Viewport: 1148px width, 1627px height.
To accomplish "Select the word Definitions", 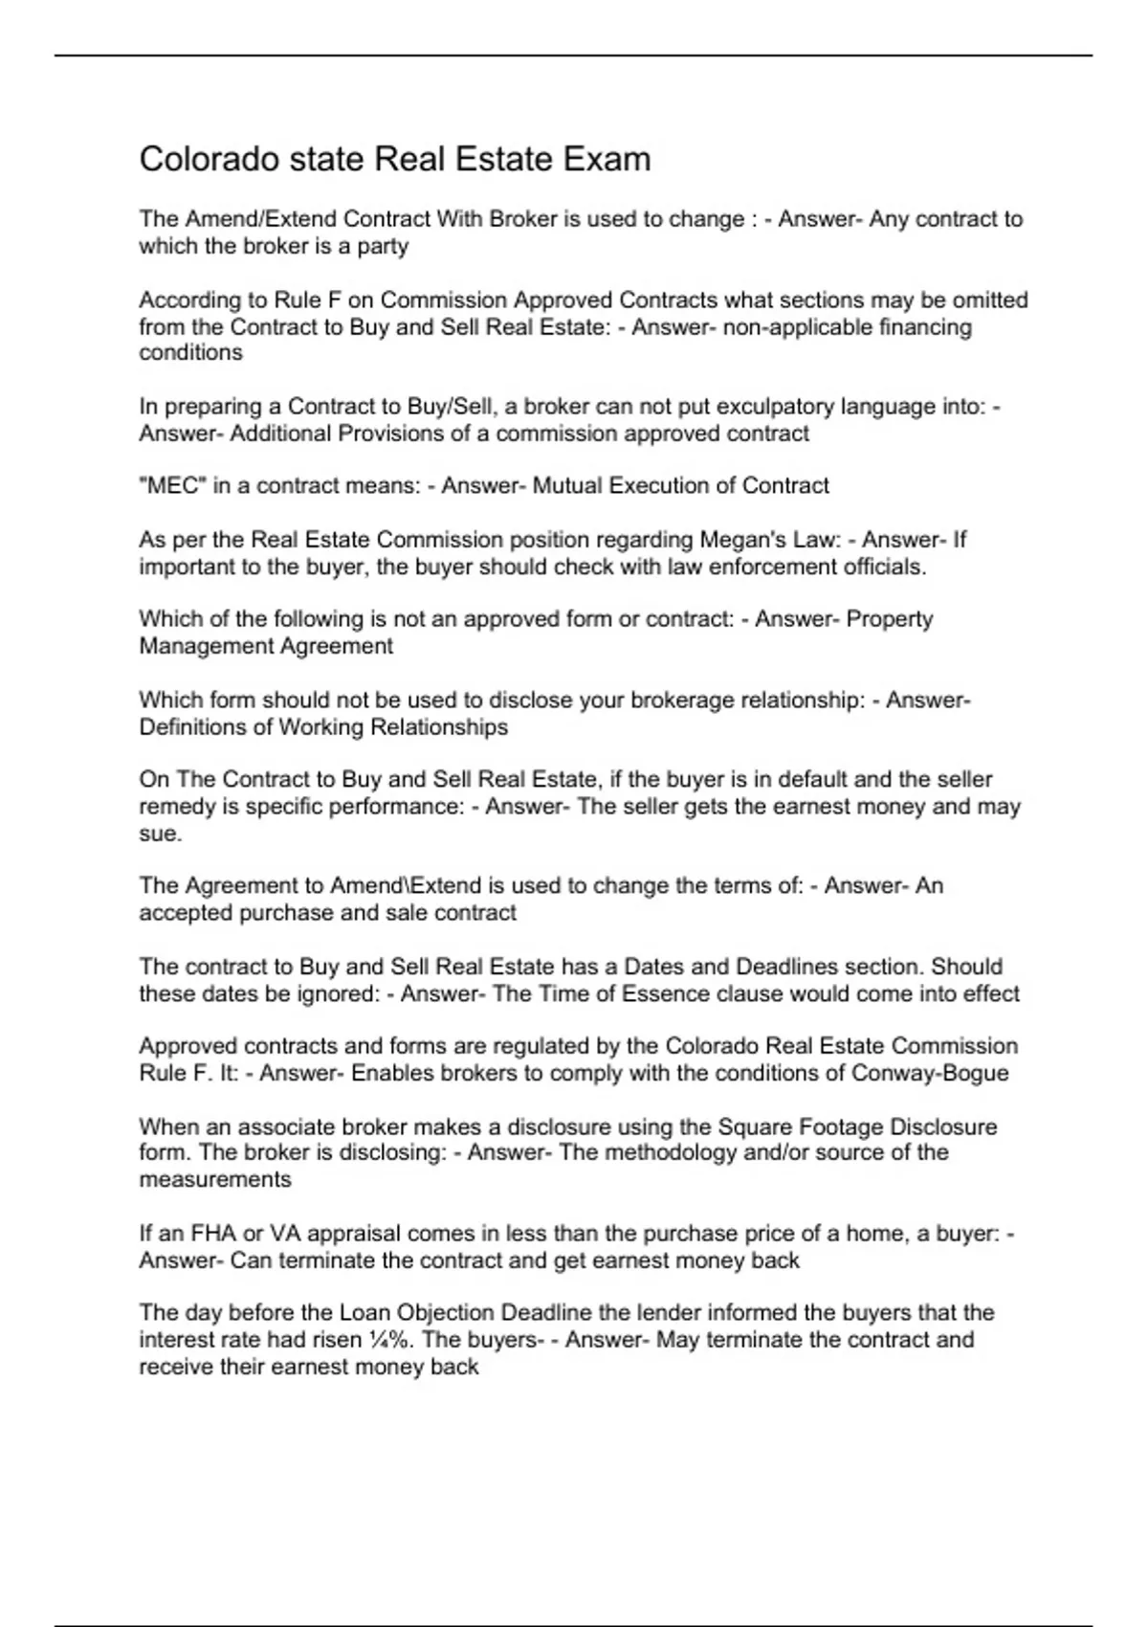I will (192, 727).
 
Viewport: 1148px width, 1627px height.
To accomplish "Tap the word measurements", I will (215, 1179).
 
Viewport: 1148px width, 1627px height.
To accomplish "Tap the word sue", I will (160, 834).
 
